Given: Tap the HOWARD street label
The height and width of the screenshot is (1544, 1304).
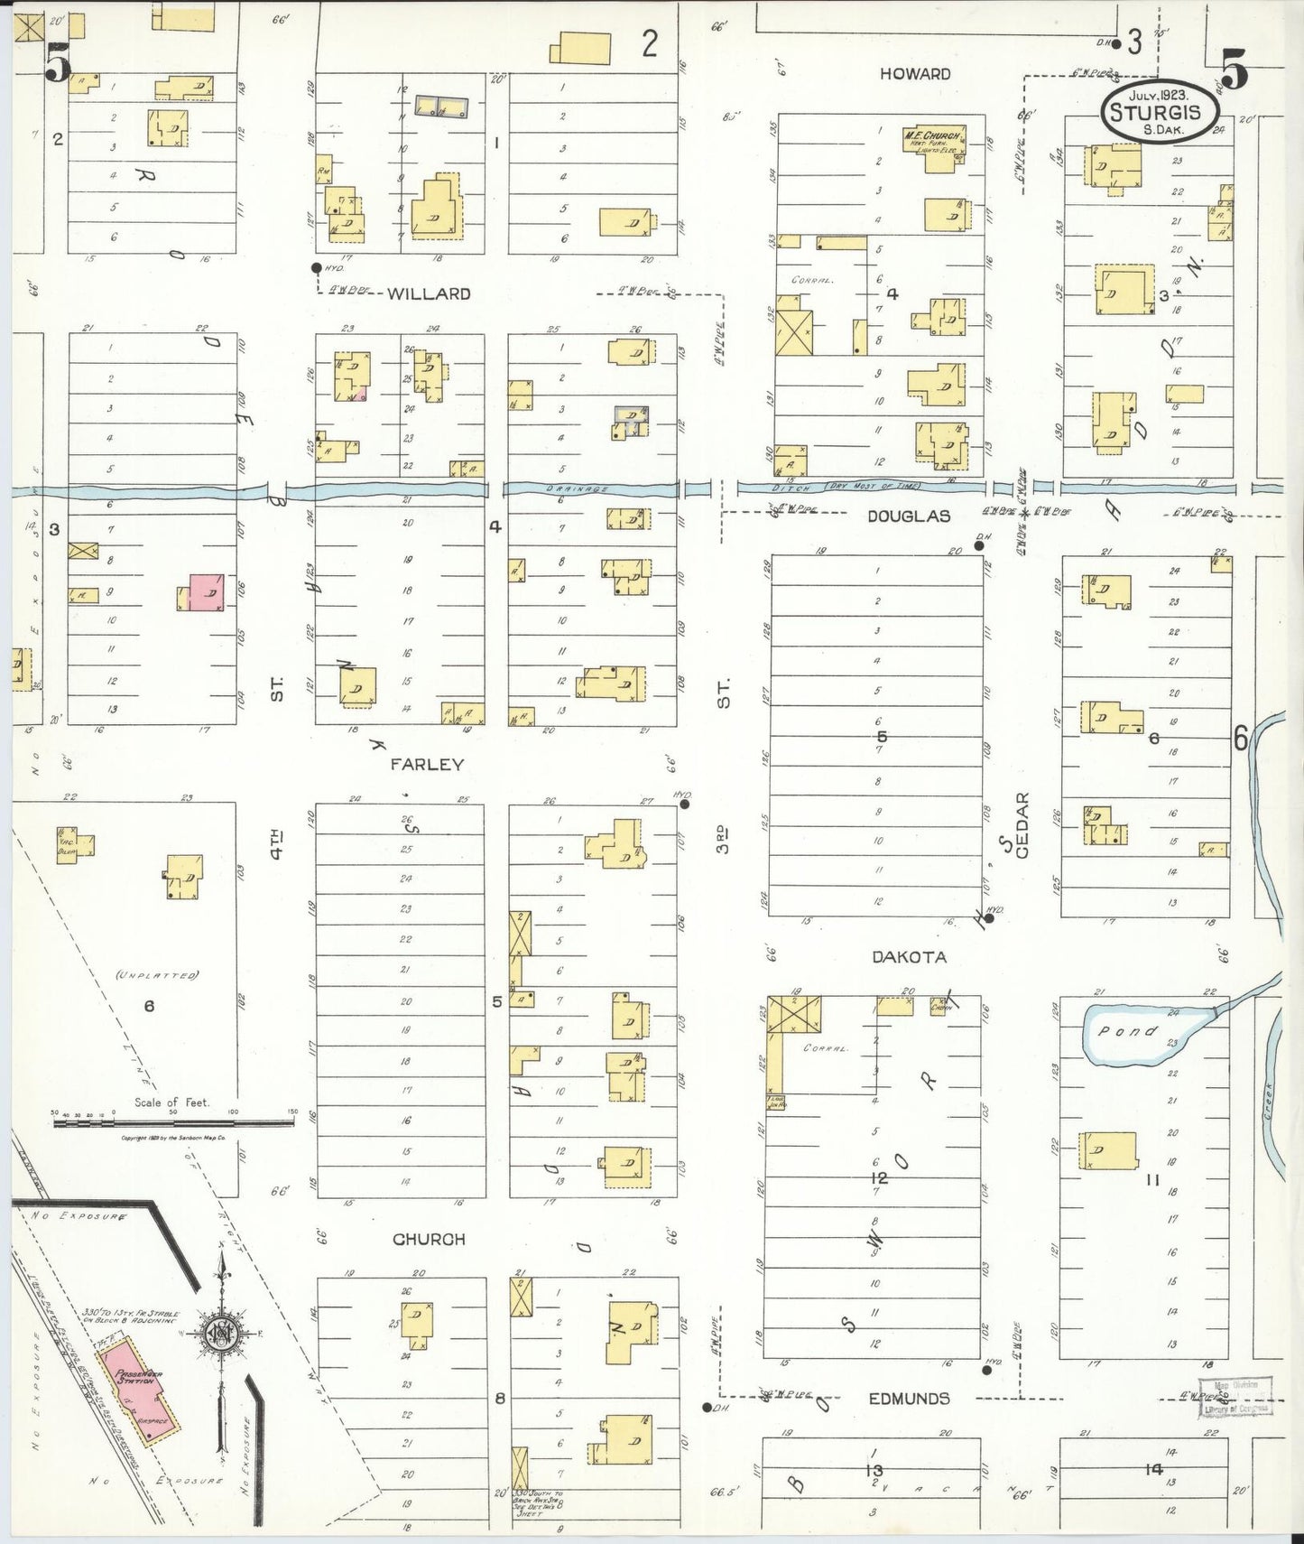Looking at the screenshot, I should coord(916,74).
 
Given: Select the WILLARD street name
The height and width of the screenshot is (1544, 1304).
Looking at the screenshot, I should coord(430,293).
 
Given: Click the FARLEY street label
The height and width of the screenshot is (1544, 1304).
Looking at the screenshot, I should coord(427,764).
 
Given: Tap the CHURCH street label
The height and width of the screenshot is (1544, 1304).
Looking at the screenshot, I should coord(429,1240).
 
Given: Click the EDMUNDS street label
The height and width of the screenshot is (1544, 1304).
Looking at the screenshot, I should coord(909,1399).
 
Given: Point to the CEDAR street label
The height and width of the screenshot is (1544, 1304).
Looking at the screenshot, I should coord(1022,825).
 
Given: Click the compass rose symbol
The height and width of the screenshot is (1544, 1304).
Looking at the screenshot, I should coord(220,1336).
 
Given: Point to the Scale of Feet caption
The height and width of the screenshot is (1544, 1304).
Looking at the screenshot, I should coord(171,1102).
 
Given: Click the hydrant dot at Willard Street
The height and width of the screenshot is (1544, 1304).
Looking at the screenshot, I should coord(316,267).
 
